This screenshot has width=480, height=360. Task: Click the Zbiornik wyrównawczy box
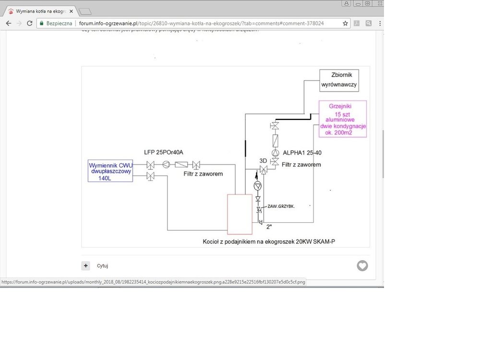(x=339, y=80)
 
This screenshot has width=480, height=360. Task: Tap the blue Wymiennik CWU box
(x=110, y=171)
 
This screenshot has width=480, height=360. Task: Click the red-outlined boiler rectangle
(x=240, y=214)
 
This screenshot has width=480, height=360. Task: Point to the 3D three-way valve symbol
(x=263, y=169)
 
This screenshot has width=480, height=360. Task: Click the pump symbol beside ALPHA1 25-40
(x=275, y=153)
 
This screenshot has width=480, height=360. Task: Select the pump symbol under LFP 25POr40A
(x=166, y=165)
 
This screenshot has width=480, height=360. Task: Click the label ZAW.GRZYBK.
(x=281, y=206)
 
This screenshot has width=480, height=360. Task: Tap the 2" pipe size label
(x=269, y=227)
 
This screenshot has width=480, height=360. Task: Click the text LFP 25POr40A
(x=164, y=152)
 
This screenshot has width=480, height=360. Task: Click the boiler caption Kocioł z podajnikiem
(x=269, y=241)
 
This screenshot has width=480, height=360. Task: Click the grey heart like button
(x=362, y=265)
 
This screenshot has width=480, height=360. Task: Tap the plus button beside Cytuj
(x=86, y=265)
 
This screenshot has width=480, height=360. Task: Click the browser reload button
(x=30, y=23)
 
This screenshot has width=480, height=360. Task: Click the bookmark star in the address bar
(x=345, y=23)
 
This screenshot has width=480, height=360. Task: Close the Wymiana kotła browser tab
(x=71, y=11)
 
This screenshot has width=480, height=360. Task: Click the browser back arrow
(x=8, y=23)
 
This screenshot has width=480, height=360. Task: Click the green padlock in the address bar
(x=42, y=23)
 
